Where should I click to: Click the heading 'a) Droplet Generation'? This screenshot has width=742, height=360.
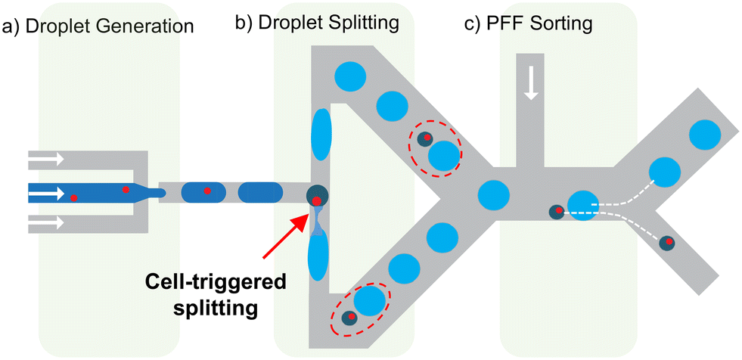pos(98,27)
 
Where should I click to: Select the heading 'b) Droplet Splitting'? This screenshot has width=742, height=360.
pos(317,23)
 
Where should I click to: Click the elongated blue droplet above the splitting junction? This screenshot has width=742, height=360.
pos(320,135)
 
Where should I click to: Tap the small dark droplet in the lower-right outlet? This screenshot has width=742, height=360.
pos(667,243)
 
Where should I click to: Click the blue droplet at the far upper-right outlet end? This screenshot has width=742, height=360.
pos(704,135)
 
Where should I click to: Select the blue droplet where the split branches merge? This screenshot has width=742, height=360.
pos(492,195)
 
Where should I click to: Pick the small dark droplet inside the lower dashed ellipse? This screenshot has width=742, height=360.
pos(350,318)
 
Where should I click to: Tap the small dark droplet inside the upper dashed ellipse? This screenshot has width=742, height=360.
pos(424,138)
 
